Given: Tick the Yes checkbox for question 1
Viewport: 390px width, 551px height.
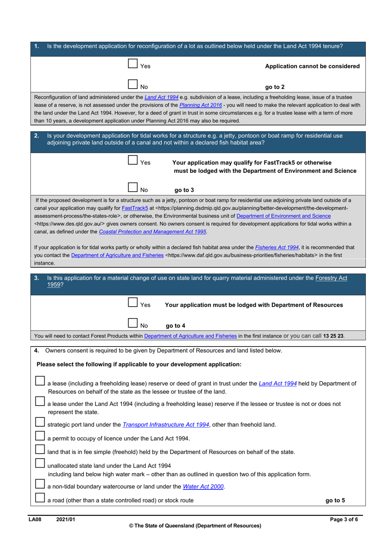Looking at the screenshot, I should (133, 64).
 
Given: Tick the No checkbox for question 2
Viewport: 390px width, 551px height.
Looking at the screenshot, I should (133, 187).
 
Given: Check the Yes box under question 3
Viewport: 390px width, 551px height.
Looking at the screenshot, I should (133, 303).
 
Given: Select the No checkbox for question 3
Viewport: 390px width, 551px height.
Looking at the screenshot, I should (133, 323).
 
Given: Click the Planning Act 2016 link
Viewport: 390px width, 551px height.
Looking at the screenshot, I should (200, 105).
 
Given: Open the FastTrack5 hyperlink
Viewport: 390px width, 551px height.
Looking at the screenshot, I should (135, 208).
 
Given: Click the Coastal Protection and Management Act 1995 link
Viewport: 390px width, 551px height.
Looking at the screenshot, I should (152, 232).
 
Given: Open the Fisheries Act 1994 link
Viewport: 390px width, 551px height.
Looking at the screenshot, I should (277, 247).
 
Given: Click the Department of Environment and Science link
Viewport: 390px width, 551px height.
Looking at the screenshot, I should (283, 216).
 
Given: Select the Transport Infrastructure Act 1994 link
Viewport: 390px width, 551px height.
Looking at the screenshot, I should (165, 425).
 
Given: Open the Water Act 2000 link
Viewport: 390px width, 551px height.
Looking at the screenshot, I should (203, 487).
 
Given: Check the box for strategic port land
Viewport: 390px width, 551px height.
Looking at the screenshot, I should (40, 422).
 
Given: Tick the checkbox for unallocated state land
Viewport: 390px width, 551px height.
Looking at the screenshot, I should (40, 463).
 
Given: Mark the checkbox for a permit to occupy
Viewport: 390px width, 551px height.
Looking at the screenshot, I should (40, 436).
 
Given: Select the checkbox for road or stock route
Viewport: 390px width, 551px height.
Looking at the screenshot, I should (40, 498).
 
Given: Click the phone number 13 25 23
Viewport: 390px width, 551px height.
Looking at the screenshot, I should (333, 336).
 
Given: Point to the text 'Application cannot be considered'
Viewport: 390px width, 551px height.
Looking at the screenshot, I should (312, 66).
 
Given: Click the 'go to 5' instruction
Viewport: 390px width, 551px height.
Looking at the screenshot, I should (335, 500).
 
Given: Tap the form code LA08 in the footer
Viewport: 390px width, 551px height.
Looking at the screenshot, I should (35, 519).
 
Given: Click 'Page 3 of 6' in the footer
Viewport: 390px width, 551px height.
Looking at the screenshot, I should (344, 519).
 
